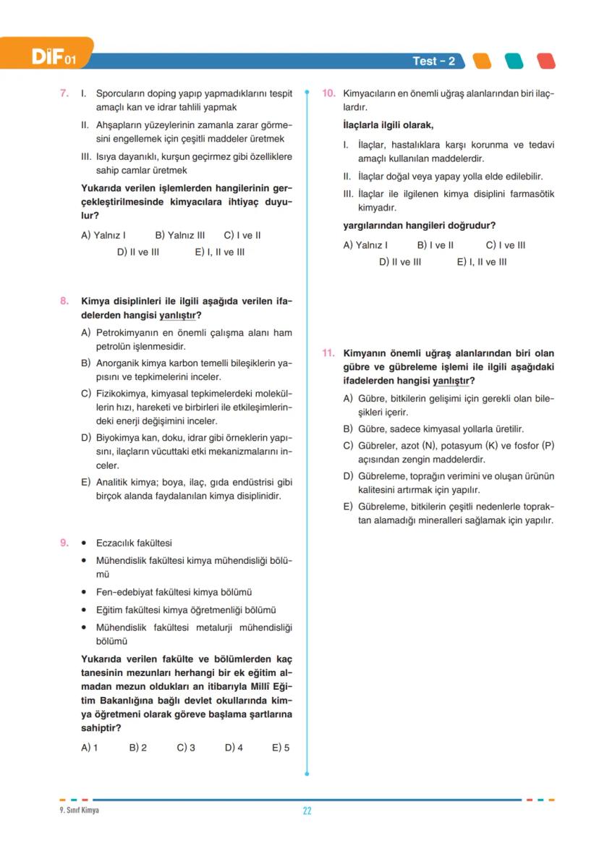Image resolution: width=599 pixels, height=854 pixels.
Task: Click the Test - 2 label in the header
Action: pos(433,62)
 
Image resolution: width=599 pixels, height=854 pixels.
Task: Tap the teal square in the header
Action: pos(514,61)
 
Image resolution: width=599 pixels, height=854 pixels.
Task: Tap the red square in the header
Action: pos(546,61)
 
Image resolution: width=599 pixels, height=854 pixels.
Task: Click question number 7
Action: pos(64,93)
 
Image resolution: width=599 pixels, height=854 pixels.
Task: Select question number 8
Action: pos(64,300)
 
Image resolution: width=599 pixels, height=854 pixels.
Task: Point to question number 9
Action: pos(64,543)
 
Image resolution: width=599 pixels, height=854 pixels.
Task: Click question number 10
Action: pos(328,93)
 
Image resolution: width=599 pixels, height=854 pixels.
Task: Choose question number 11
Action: pos(328,353)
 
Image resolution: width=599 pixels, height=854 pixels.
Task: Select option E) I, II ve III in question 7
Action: pos(219,253)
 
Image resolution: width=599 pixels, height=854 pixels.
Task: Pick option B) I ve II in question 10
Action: pos(436,245)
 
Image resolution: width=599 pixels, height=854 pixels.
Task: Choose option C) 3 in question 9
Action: pos(186,748)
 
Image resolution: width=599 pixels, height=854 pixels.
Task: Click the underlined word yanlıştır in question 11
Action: pos(452,381)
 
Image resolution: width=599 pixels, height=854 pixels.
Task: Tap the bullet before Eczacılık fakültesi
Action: pos(85,544)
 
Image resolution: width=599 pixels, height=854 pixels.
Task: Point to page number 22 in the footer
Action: pos(307,811)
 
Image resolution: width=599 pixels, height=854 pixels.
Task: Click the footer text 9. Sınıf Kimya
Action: pos(79,810)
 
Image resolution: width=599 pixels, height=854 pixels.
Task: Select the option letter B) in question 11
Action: pos(348,429)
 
